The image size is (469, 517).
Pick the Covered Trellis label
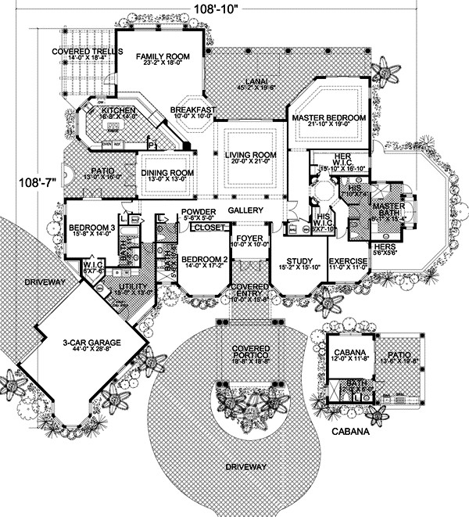69,52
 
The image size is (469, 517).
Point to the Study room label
301,261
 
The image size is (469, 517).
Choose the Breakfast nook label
194,110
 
